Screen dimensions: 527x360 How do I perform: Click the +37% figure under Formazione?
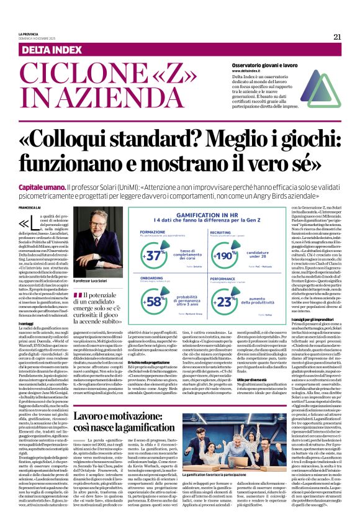154,255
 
